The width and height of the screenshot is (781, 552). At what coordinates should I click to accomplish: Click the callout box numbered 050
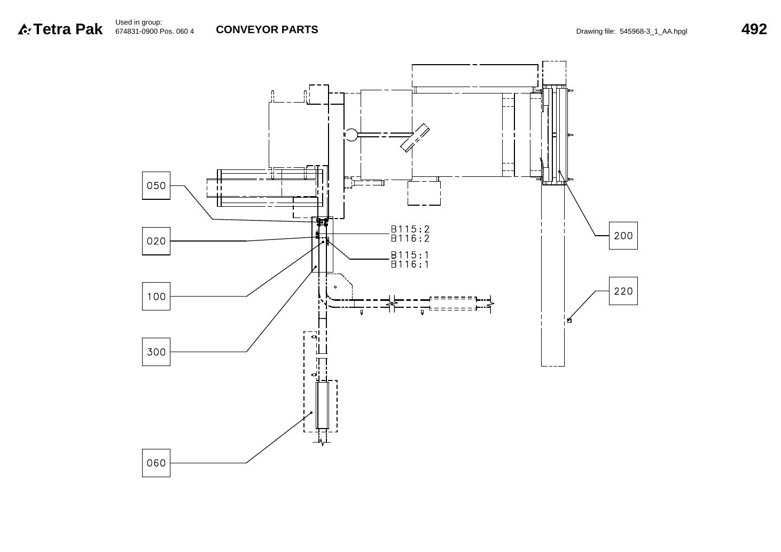156,185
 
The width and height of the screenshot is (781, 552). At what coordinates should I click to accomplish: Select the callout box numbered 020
156,241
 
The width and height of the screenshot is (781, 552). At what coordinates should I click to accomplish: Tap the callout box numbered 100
156,297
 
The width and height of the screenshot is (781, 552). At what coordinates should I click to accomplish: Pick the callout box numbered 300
156,352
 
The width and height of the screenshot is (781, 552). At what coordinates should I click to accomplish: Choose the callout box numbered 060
156,463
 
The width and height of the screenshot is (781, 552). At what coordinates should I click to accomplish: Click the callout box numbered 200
623,236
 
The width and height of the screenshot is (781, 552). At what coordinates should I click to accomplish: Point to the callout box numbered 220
623,291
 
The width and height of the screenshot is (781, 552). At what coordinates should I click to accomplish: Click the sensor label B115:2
410,229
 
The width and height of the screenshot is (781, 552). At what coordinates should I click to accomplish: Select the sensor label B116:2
410,238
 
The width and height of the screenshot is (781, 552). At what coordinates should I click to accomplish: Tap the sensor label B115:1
410,255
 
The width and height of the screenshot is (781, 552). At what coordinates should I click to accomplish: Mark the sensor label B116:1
410,265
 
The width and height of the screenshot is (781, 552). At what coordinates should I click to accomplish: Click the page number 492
754,29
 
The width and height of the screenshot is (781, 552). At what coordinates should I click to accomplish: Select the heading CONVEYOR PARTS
267,29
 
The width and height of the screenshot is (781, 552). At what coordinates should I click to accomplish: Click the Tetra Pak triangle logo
25,29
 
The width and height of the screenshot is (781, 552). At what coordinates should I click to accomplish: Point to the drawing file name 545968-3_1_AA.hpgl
653,32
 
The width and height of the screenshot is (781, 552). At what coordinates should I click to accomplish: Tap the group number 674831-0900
137,32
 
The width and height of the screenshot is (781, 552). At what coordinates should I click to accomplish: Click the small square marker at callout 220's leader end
569,321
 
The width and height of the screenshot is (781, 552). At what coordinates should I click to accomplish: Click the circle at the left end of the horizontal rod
352,135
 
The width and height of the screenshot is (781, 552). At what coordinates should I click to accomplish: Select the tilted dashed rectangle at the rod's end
415,138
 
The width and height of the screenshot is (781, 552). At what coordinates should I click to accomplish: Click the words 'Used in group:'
139,22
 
